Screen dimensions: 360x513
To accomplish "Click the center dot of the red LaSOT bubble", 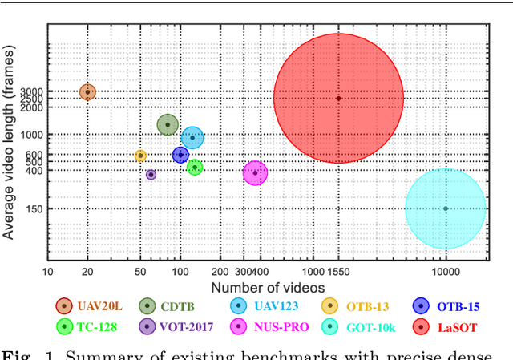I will pyautogui.click(x=338, y=99).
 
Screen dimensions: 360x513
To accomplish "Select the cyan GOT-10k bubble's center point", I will pyautogui.click(x=446, y=208).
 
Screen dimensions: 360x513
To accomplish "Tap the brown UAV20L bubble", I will pyautogui.click(x=88, y=92).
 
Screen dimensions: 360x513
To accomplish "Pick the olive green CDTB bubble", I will pyautogui.click(x=167, y=124).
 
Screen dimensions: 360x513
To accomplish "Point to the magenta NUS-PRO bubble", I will pyautogui.click(x=255, y=172).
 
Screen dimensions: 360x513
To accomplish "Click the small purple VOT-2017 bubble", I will pyautogui.click(x=151, y=174).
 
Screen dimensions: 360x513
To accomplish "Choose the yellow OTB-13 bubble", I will pyautogui.click(x=140, y=156).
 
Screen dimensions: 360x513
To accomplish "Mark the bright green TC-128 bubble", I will pyautogui.click(x=194, y=167).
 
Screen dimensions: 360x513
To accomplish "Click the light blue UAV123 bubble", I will pyautogui.click(x=192, y=138).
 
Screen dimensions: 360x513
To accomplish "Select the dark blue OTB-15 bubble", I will pyautogui.click(x=180, y=154).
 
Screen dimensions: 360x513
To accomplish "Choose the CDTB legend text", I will pyautogui.click(x=176, y=305).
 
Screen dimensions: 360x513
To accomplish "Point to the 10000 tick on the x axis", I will pyautogui.click(x=445, y=272).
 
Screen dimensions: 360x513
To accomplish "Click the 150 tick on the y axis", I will pyautogui.click(x=34, y=209).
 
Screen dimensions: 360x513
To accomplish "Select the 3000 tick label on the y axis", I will pyautogui.click(x=31, y=92).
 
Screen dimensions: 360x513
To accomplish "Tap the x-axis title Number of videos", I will pyautogui.click(x=268, y=287).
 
